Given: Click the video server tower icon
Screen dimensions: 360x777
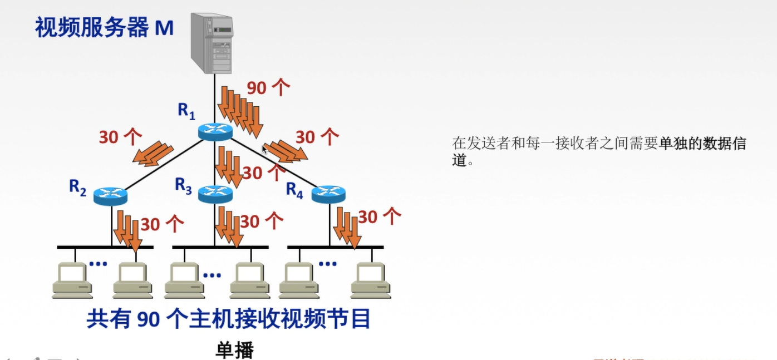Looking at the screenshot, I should [212, 43].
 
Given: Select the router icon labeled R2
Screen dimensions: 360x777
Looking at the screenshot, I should [110, 195].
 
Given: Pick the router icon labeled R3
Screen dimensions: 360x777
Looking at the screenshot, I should [215, 194].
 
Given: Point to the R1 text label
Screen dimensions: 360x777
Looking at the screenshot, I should [186, 111].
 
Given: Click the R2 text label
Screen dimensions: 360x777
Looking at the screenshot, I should [77, 187].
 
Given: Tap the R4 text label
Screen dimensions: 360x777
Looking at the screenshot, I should [294, 189].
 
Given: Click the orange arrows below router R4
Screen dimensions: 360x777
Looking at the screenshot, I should [347, 227].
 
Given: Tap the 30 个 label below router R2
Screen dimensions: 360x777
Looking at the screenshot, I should [162, 224].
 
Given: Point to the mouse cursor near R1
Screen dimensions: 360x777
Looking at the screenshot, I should [264, 149].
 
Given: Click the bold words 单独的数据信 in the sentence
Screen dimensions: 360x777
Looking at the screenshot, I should [702, 144].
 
